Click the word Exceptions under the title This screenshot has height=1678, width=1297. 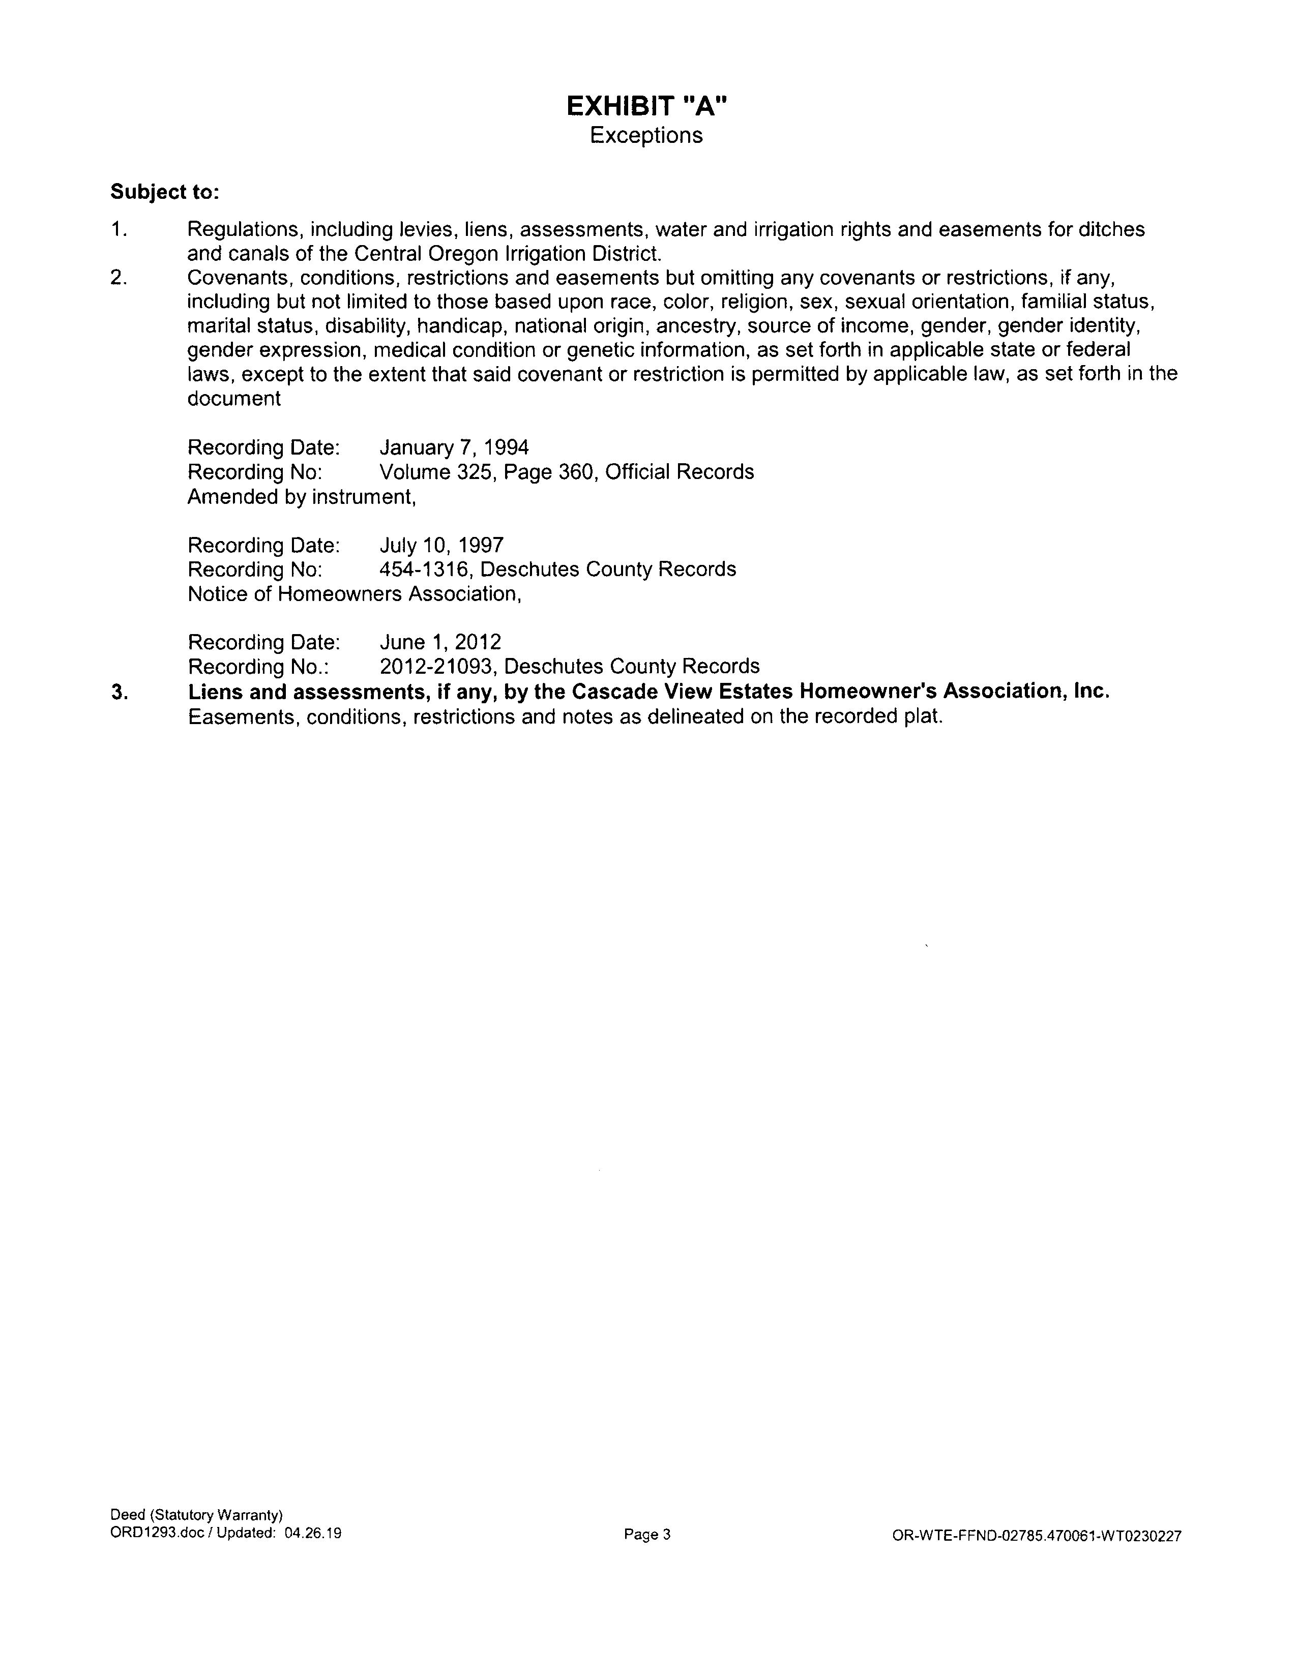tap(645, 135)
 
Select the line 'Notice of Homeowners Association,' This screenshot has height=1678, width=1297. tap(354, 594)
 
